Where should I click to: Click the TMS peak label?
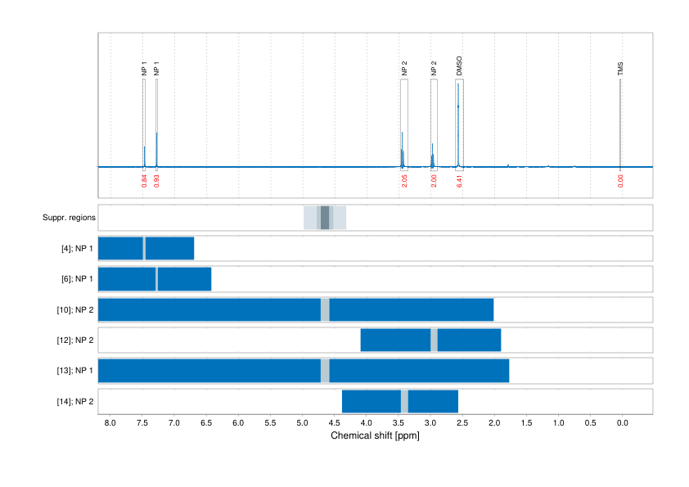pyautogui.click(x=620, y=71)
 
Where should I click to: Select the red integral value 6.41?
pyautogui.click(x=459, y=180)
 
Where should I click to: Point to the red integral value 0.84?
pyautogui.click(x=144, y=180)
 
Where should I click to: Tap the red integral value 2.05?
pyautogui.click(x=404, y=180)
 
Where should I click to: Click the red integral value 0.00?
pyautogui.click(x=620, y=180)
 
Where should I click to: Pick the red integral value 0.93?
pyautogui.click(x=156, y=180)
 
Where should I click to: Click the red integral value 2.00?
pyautogui.click(x=434, y=180)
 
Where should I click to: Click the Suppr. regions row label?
pyautogui.click(x=69, y=218)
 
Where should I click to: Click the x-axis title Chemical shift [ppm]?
pyautogui.click(x=375, y=436)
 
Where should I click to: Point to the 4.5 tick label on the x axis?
pyautogui.click(x=334, y=423)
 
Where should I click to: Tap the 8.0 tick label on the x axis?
pyautogui.click(x=110, y=423)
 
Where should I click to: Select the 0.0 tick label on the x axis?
pyautogui.click(x=622, y=423)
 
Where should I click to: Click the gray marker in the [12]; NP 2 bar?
pyautogui.click(x=434, y=340)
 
